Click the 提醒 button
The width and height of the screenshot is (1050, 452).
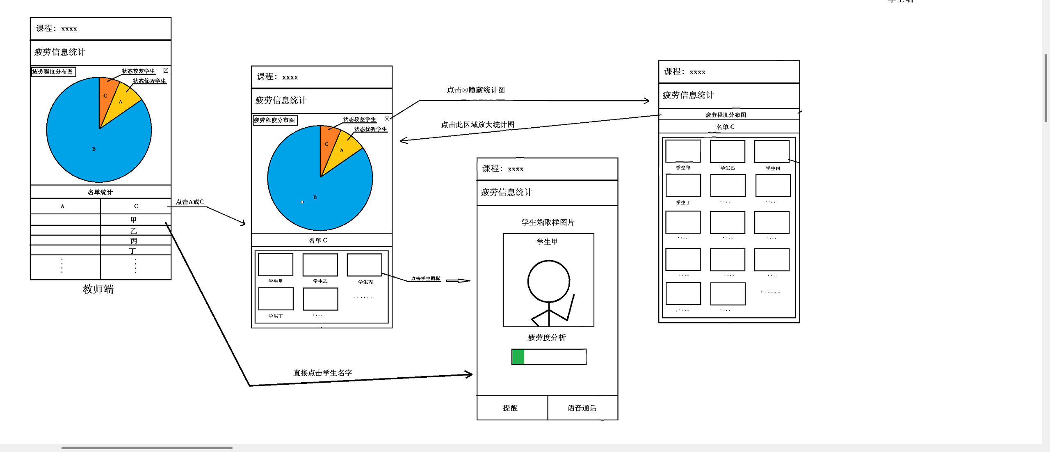pos(511,408)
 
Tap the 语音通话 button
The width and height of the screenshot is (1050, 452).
pos(582,408)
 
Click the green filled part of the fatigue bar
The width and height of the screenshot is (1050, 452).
pos(518,357)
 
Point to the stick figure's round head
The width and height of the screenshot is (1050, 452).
pos(548,281)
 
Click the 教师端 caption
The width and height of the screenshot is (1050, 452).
pos(98,289)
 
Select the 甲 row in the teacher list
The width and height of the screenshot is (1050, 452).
pos(134,220)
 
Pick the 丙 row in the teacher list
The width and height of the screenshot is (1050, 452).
pos(134,241)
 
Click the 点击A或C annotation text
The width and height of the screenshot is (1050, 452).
pos(189,202)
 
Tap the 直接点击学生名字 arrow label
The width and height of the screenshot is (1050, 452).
pos(322,373)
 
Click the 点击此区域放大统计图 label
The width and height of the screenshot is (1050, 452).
pos(477,124)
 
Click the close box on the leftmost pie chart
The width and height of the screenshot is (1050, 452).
pos(166,71)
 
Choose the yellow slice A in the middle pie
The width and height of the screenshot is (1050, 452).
pos(342,149)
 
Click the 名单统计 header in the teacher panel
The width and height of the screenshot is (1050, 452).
pos(100,192)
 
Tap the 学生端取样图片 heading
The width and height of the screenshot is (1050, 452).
pos(548,222)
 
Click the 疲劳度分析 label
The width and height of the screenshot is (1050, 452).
pos(546,337)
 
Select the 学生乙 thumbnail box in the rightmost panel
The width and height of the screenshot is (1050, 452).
pos(727,151)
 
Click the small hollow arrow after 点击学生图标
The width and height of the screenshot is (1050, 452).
pos(458,281)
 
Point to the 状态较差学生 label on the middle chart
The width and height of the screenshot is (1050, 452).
pos(359,119)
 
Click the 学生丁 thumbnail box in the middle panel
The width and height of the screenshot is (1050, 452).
pos(276,299)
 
